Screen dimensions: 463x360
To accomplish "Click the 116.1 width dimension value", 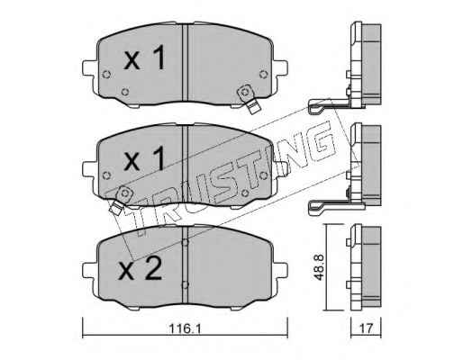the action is tap(185, 328).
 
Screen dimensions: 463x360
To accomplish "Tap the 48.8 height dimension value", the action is tap(319, 267).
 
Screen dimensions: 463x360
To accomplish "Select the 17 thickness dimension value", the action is tap(367, 328).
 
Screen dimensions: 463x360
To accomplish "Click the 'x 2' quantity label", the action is tap(141, 269).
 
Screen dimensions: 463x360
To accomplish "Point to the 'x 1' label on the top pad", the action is tap(144, 58).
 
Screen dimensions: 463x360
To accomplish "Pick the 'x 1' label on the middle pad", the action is tap(144, 158).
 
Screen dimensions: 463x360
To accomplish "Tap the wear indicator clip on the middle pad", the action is tap(121, 200).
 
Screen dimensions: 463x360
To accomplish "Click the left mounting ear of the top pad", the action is tap(90, 68).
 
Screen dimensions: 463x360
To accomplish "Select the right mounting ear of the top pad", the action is tap(280, 68).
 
